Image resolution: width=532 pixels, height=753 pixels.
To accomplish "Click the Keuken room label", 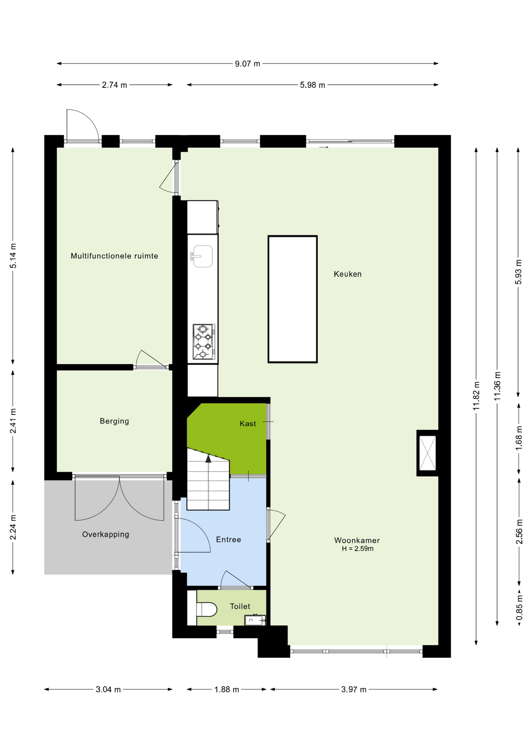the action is pyautogui.click(x=347, y=274).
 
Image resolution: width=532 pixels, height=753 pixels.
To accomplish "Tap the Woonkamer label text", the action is pyautogui.click(x=357, y=540).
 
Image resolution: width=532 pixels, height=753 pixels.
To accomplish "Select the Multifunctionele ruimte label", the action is pyautogui.click(x=114, y=256).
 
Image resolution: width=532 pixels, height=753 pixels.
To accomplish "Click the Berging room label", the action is pyautogui.click(x=114, y=421).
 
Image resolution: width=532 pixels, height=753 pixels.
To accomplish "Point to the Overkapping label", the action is pyautogui.click(x=106, y=535).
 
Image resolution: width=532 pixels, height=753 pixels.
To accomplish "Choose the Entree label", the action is pyautogui.click(x=228, y=540).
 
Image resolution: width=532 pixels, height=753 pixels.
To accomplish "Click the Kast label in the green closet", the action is pyautogui.click(x=248, y=424).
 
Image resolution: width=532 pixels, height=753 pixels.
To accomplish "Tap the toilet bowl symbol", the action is pyautogui.click(x=206, y=609).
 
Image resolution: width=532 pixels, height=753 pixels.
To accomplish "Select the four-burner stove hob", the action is pyautogui.click(x=204, y=342).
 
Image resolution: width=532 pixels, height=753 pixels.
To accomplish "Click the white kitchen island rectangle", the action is pyautogui.click(x=293, y=299).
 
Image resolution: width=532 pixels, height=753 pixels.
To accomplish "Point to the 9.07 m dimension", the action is pyautogui.click(x=248, y=64).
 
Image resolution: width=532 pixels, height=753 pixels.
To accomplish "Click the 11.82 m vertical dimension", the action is pyautogui.click(x=476, y=396).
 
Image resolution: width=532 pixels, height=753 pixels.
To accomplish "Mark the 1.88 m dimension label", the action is pyautogui.click(x=226, y=689).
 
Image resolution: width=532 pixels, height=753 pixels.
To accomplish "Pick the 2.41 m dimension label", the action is pyautogui.click(x=13, y=421).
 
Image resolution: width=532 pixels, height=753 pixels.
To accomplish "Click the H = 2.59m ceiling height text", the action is pyautogui.click(x=358, y=549).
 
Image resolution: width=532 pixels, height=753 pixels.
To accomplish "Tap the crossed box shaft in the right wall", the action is pyautogui.click(x=427, y=453).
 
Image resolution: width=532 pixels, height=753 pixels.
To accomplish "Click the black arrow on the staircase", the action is pyautogui.click(x=208, y=458).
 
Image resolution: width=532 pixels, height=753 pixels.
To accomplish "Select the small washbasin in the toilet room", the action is pyautogui.click(x=255, y=620).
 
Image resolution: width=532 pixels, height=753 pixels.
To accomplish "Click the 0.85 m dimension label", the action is pyautogui.click(x=519, y=608).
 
